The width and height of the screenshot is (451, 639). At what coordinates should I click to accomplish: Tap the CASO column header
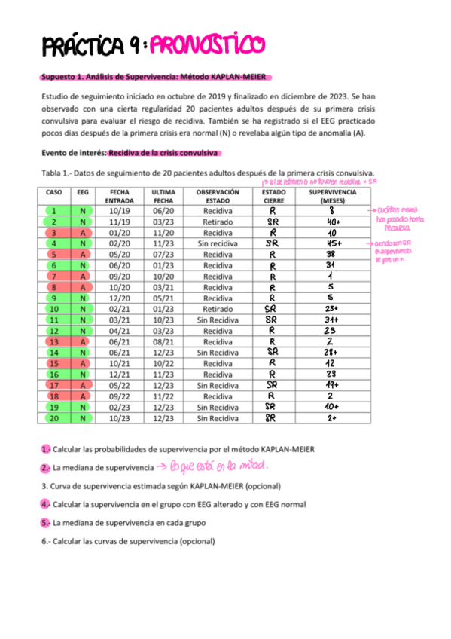point(54,192)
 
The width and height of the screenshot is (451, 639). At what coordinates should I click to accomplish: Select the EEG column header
point(82,192)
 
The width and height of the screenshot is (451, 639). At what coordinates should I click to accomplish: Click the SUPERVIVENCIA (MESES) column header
point(332,196)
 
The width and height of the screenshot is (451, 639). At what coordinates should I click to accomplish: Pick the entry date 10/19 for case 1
point(119,211)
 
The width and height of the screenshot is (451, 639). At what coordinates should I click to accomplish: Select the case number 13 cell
point(54,341)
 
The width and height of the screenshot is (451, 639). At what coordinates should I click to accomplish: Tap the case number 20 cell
point(54,417)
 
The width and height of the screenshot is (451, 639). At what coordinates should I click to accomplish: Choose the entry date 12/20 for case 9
point(119,298)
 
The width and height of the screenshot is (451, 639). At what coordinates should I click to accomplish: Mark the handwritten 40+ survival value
point(332,222)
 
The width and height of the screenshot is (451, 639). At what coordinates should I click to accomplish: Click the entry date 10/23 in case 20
point(119,417)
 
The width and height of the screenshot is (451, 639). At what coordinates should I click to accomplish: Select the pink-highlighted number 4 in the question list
point(45,504)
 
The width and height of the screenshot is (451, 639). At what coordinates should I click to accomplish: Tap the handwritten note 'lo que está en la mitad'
point(219,467)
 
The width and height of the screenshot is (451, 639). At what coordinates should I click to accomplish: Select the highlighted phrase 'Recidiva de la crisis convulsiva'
point(163,153)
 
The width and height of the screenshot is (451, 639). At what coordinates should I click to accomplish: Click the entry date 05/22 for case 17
point(119,385)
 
